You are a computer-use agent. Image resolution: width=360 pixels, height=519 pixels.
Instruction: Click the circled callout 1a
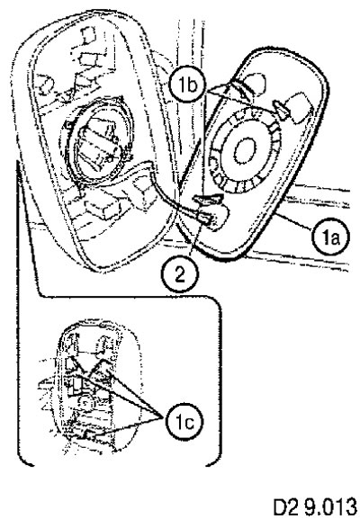point(331,237)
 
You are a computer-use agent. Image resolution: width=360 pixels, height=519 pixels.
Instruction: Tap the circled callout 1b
point(187,85)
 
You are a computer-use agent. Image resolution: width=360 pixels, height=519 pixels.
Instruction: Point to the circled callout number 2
point(180,274)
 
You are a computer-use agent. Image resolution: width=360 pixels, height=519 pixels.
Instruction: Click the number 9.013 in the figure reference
point(331,506)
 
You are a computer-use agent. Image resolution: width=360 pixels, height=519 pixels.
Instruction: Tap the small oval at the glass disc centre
point(246,151)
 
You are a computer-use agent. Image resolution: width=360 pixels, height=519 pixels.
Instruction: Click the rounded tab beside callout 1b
point(254,83)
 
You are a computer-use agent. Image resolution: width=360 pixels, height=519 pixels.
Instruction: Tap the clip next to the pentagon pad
point(281,110)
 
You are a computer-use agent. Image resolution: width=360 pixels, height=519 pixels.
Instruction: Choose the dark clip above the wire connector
point(208,198)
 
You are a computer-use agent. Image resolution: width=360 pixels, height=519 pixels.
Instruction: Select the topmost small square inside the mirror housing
point(88,35)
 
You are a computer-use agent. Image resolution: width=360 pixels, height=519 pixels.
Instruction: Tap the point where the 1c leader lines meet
point(163,416)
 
